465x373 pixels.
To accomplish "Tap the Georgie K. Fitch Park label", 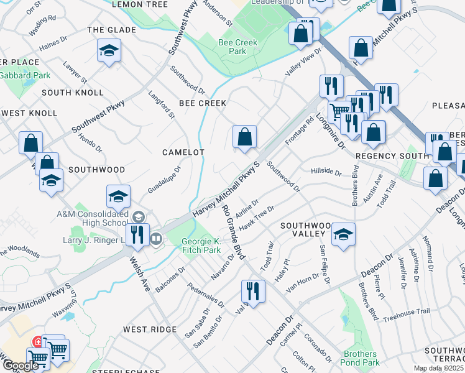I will pos(201,246).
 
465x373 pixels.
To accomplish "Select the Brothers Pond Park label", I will pos(361,358).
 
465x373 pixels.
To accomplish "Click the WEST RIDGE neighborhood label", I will pos(149,329).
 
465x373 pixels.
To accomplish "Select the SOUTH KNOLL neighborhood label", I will pos(73,93).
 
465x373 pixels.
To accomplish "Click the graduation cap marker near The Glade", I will pos(109,51).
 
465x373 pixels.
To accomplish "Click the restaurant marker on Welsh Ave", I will pos(138,234).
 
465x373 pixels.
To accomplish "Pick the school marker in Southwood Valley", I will pos(343,234).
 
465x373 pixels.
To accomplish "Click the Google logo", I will pos(20,366).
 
